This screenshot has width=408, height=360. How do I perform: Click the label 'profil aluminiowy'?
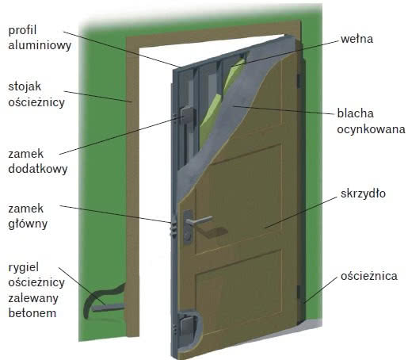(40, 37)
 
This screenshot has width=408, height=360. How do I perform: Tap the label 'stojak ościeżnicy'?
(36, 94)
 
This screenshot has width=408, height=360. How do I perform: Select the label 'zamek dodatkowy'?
(38, 162)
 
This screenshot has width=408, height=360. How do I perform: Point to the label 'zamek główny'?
(28, 216)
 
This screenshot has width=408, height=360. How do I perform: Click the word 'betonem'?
(32, 313)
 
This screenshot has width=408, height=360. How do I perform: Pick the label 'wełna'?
(357, 39)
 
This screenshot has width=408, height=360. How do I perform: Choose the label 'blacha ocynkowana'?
(371, 121)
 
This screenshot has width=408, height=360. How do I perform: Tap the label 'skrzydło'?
(363, 193)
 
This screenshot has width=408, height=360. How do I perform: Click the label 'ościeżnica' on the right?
(369, 276)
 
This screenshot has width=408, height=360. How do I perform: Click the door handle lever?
(200, 220)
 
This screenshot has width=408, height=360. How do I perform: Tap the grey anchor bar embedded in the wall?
(108, 308)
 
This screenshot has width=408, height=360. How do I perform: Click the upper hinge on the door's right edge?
(299, 81)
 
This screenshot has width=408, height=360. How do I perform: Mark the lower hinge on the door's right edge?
(299, 293)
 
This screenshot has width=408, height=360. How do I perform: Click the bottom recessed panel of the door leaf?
(239, 292)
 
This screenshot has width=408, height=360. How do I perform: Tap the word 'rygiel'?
(24, 267)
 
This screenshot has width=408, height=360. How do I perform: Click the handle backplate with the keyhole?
(188, 226)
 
